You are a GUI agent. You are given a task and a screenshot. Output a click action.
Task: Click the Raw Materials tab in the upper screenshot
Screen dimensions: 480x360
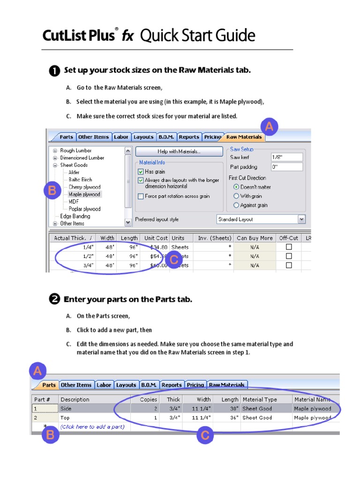coord(244,137)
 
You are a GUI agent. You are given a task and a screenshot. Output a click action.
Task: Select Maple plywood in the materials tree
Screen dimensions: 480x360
coord(84,194)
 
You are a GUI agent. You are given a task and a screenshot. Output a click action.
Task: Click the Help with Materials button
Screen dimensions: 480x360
coord(179,151)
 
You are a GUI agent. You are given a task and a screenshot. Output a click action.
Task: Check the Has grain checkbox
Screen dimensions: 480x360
coord(141,172)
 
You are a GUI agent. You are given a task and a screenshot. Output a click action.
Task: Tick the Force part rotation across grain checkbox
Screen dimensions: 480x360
coord(141,196)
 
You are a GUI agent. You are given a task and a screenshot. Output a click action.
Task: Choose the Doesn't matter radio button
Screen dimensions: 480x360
coord(236,187)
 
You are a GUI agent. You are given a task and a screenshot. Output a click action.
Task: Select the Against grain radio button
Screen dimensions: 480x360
coord(236,205)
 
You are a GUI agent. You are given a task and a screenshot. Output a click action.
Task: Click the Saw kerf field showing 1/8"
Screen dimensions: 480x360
coord(286,157)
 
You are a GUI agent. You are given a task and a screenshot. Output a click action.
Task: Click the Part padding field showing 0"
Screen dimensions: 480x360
coord(286,167)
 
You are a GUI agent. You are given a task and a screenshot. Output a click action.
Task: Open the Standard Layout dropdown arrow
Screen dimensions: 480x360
coord(301,219)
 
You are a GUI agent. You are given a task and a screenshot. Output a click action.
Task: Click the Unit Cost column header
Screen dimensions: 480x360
coord(156,238)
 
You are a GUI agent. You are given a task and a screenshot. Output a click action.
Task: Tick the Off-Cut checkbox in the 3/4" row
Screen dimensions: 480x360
coord(289,265)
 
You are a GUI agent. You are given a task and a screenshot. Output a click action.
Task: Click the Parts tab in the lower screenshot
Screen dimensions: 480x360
coord(49,385)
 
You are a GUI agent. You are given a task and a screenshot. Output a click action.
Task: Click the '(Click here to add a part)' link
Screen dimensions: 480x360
coord(92,427)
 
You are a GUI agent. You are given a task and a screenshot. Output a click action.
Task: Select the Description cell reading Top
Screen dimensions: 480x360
coord(66,418)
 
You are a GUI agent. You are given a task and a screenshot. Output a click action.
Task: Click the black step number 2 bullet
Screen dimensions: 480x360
coord(54,300)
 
